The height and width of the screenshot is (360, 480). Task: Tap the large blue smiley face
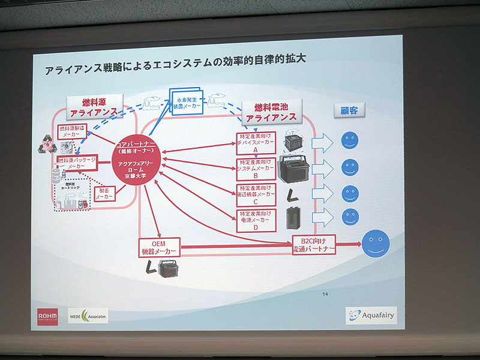coord(375,244)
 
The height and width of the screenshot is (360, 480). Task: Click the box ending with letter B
coord(256,169)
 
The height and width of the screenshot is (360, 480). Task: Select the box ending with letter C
coord(256,194)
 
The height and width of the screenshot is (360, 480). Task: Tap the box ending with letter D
coord(256,220)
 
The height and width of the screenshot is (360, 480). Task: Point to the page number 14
coord(325,294)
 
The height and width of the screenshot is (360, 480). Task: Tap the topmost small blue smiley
coord(349,141)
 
